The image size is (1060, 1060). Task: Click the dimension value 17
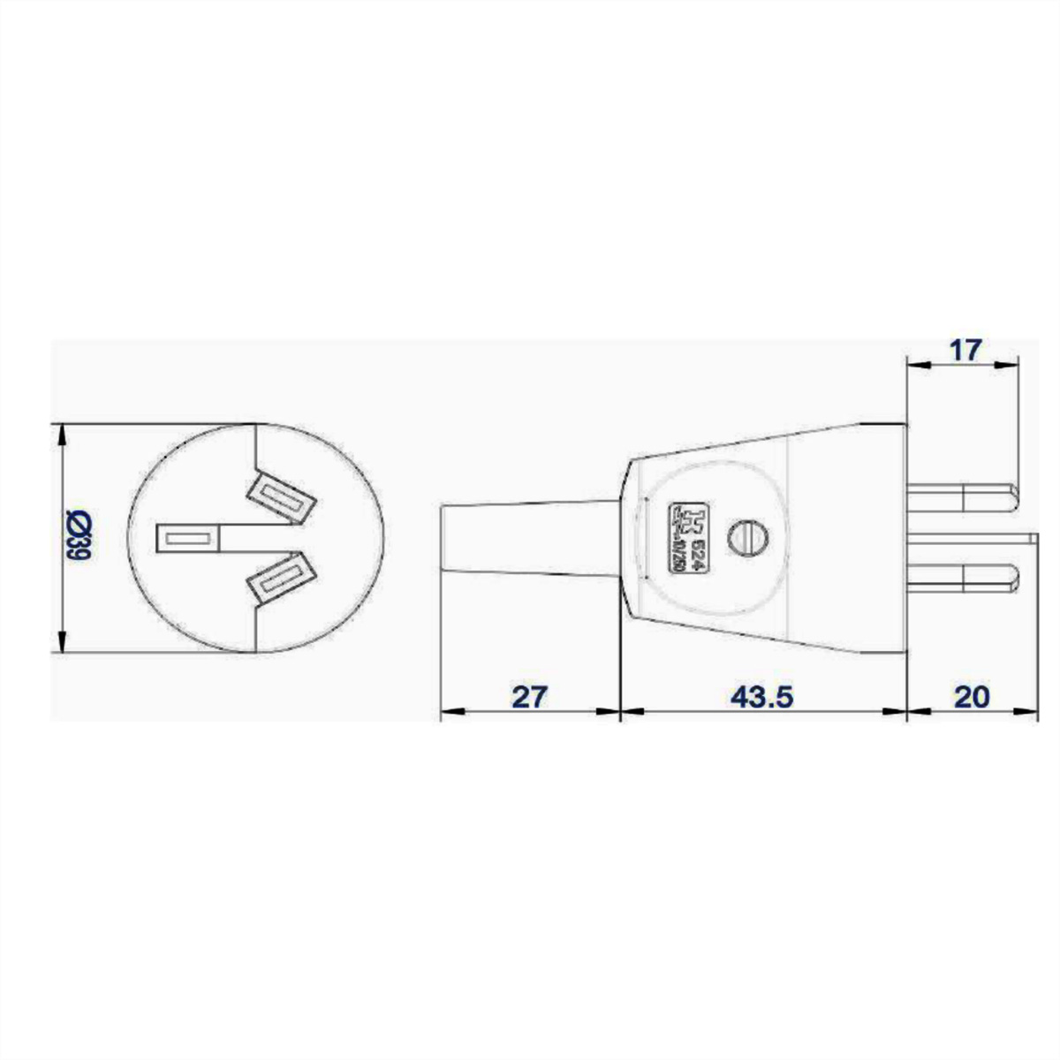[965, 350]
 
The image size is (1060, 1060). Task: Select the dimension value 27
[530, 696]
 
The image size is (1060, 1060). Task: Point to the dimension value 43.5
[762, 696]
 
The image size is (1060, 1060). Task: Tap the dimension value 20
[972, 696]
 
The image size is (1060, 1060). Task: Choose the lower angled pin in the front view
[282, 578]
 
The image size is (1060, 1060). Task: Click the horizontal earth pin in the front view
[187, 538]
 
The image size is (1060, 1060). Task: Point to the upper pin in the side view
[963, 501]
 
